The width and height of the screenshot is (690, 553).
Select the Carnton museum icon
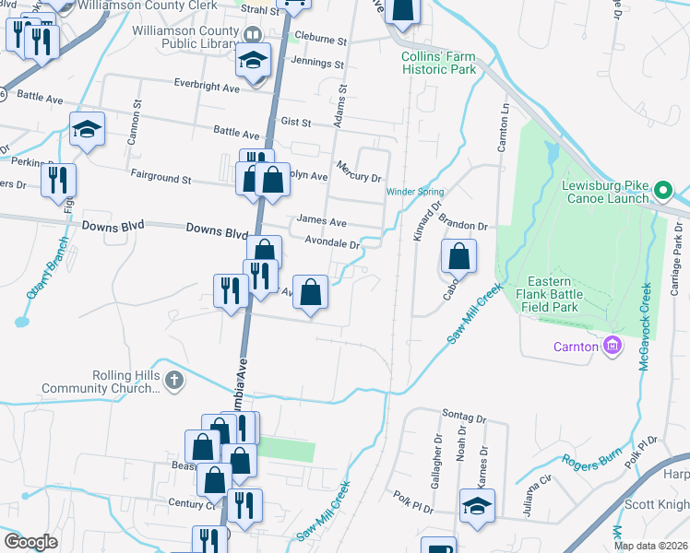tap(610, 347)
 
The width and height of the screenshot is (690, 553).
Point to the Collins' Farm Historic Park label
tap(438, 63)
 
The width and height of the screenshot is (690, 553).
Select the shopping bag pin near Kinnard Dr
tap(458, 255)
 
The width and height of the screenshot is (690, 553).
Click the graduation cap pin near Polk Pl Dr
tap(477, 506)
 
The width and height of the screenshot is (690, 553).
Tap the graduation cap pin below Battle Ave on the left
tap(88, 129)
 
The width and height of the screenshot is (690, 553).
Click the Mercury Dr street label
tap(359, 170)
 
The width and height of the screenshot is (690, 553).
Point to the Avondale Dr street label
tap(331, 243)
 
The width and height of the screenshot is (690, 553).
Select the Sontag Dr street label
tap(464, 418)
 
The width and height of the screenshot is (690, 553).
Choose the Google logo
tap(30, 542)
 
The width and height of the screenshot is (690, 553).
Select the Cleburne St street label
tap(320, 41)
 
